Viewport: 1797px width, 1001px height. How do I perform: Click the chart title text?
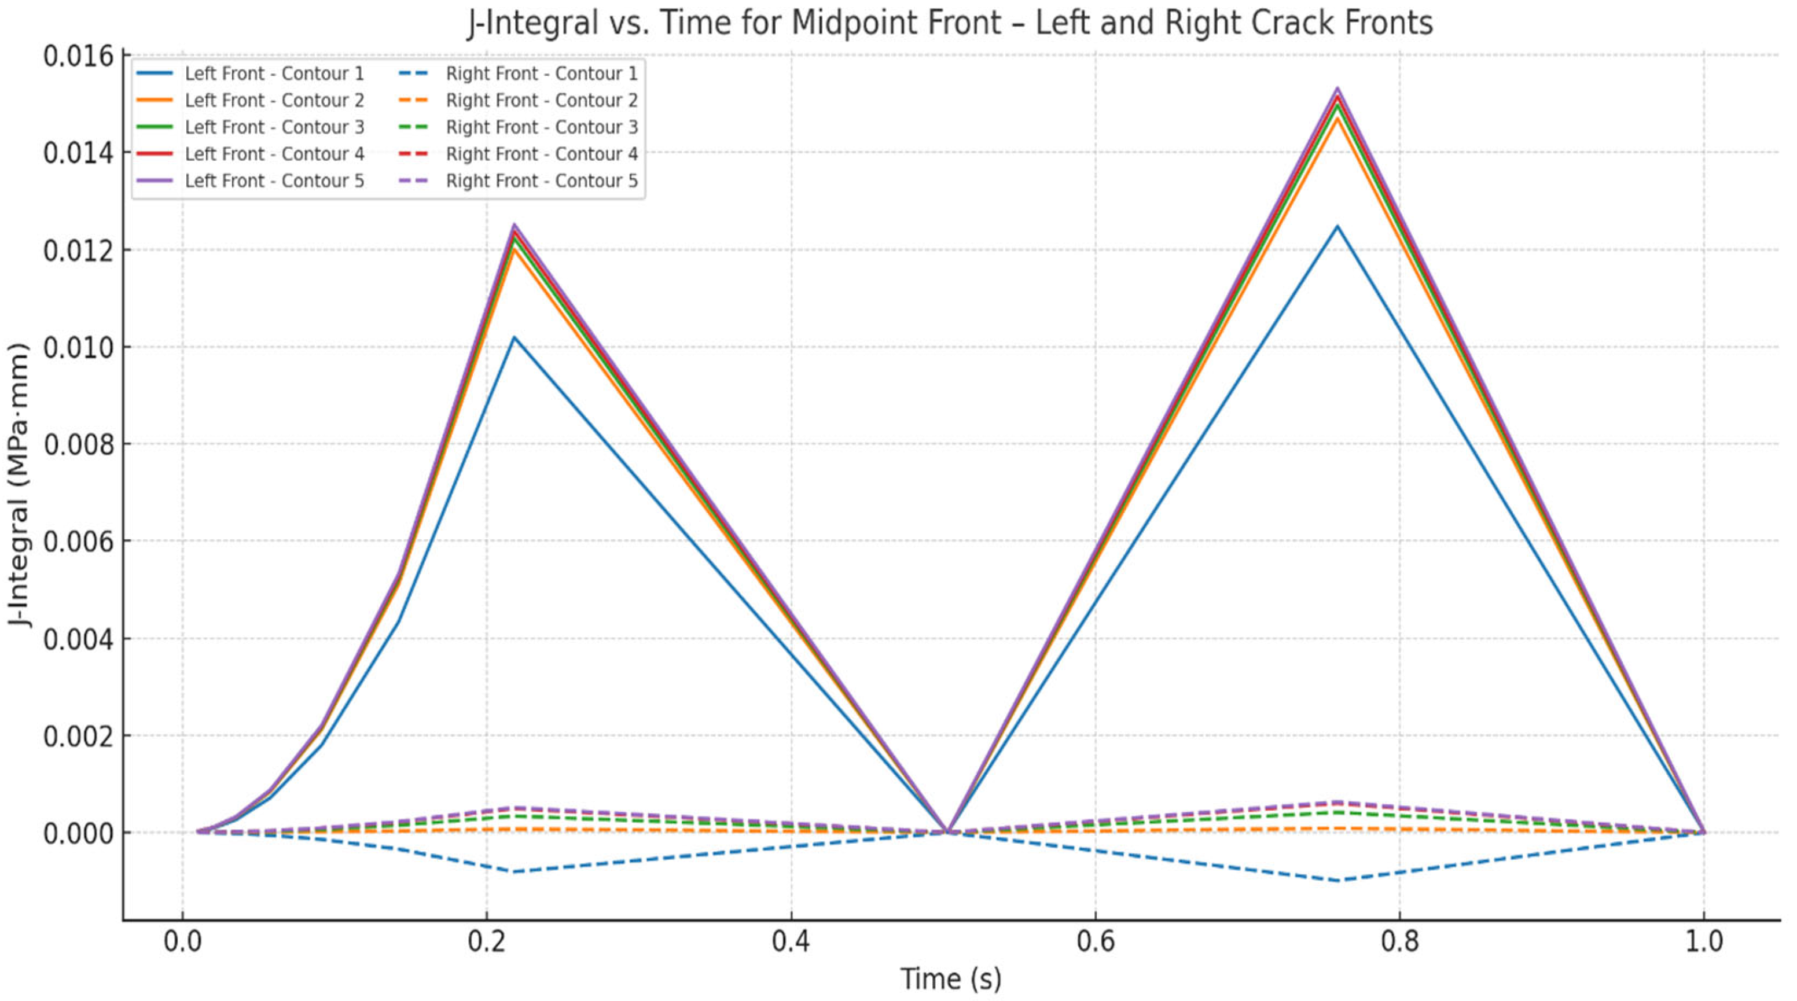point(950,23)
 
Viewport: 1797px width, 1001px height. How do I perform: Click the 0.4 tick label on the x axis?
point(791,943)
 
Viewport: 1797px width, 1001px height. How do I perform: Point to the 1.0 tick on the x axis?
point(1703,943)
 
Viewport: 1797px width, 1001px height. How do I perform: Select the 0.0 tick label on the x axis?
point(183,943)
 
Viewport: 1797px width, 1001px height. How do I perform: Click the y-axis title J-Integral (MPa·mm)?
point(21,485)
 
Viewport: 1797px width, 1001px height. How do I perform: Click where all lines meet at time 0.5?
point(947,831)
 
